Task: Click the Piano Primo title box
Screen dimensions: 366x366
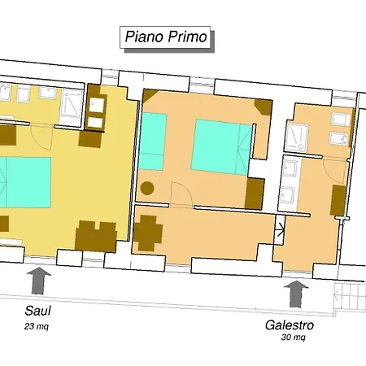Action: point(165,37)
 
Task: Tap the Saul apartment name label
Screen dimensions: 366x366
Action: point(37,311)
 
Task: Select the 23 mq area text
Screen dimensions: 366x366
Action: point(37,326)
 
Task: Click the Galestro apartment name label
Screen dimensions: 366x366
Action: point(290,325)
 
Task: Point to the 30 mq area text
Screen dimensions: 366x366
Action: point(294,338)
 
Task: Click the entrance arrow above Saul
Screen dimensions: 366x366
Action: point(38,281)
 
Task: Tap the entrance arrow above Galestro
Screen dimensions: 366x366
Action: point(296,294)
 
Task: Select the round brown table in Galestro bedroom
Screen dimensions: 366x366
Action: point(147,188)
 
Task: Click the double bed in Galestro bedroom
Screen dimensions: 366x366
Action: point(221,146)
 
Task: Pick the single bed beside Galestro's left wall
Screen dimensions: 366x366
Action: point(152,142)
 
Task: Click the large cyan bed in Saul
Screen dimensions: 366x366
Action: point(25,182)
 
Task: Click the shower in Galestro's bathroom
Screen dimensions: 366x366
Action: point(298,137)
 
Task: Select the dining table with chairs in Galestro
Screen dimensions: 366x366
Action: point(148,233)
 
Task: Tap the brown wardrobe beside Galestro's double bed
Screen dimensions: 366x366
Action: point(255,194)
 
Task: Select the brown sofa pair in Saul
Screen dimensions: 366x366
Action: point(96,236)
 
